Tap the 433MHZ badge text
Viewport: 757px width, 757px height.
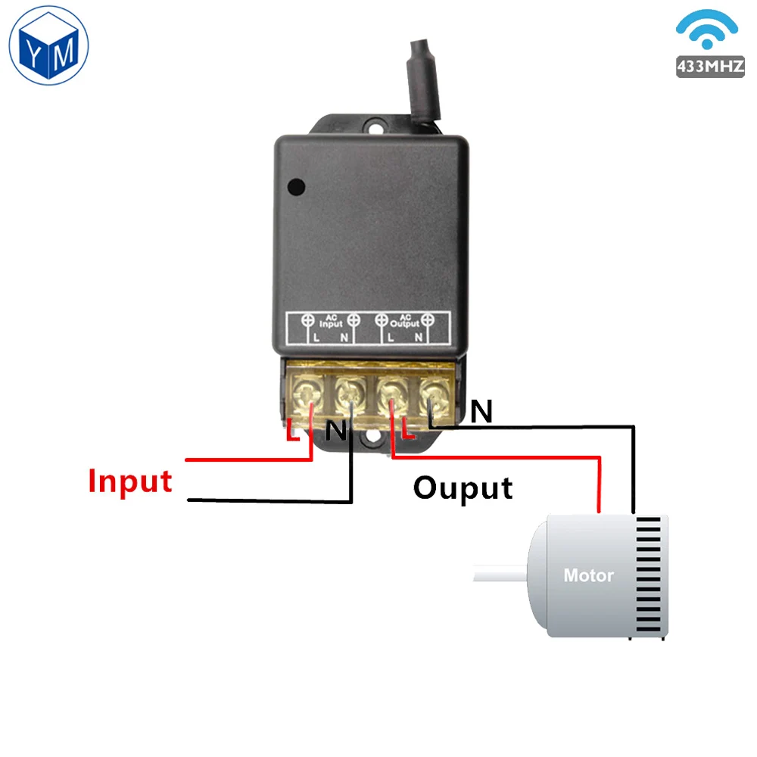point(710,67)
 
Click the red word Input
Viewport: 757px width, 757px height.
point(130,481)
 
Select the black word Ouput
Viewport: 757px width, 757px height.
point(463,488)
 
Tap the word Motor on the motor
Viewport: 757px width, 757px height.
point(588,575)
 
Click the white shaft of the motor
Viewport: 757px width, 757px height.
point(500,573)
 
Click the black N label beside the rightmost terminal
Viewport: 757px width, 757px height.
point(481,412)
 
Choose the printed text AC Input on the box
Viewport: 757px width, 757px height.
point(330,322)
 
